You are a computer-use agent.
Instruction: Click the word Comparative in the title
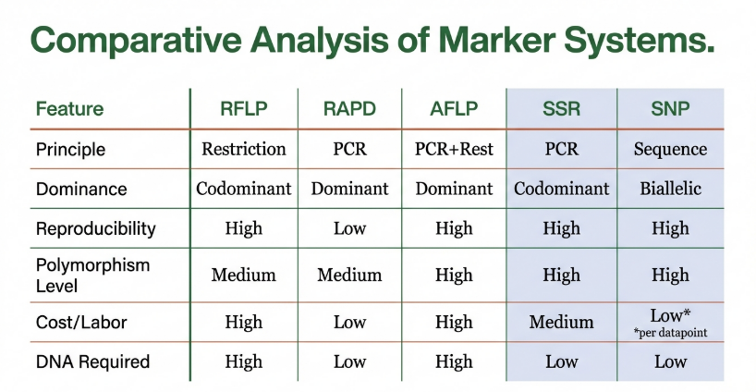point(136,41)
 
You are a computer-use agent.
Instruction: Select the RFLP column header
point(243,109)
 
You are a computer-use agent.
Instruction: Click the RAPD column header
point(349,109)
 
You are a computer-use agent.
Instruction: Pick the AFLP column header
point(454,109)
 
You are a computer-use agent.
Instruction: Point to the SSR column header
point(561,109)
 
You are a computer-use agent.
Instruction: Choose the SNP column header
point(670,109)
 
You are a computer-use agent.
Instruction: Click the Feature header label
point(70,109)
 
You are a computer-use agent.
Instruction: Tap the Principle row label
point(70,150)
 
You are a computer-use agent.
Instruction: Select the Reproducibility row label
point(96,228)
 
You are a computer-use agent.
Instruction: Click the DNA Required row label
point(92,361)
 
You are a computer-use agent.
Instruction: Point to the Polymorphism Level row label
point(92,276)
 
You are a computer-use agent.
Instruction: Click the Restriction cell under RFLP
point(243,149)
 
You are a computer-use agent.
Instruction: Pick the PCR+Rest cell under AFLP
point(454,149)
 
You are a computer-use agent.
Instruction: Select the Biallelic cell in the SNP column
point(670,189)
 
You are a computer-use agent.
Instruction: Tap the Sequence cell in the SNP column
point(670,150)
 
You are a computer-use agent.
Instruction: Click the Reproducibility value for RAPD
point(349,228)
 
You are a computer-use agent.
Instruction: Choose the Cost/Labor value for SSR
point(561,322)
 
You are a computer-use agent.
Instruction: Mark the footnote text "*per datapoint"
point(670,333)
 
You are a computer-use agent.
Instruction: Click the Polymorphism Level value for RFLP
point(243,275)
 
